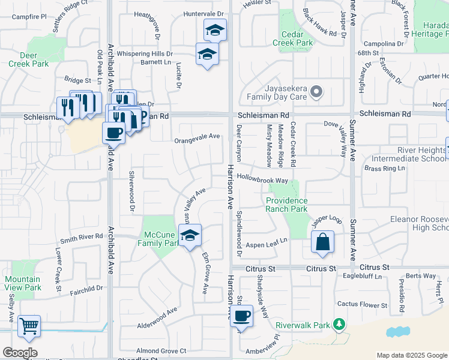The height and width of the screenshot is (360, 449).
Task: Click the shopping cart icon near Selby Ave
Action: pyautogui.click(x=29, y=327)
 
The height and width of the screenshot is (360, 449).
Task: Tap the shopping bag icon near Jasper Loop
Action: pyautogui.click(x=322, y=242)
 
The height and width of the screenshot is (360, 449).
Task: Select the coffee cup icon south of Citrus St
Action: pyautogui.click(x=241, y=316)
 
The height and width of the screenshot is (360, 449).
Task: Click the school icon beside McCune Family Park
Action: pyautogui.click(x=190, y=235)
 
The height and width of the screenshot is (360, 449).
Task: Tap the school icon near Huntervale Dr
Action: pyautogui.click(x=214, y=29)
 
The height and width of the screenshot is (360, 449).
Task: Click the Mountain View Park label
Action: pyautogui.click(x=23, y=283)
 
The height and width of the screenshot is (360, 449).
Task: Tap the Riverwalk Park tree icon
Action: pyautogui.click(x=339, y=325)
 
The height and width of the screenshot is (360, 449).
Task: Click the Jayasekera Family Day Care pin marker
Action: pyautogui.click(x=317, y=92)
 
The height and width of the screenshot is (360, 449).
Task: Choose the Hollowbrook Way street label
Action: pyautogui.click(x=262, y=179)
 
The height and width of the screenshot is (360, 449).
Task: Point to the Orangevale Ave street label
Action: pyautogui.click(x=196, y=137)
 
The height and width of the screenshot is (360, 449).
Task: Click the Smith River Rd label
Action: pyautogui.click(x=82, y=237)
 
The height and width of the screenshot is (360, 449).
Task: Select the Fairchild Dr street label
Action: pyautogui.click(x=85, y=289)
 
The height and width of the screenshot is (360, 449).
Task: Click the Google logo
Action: pyautogui.click(x=20, y=353)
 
